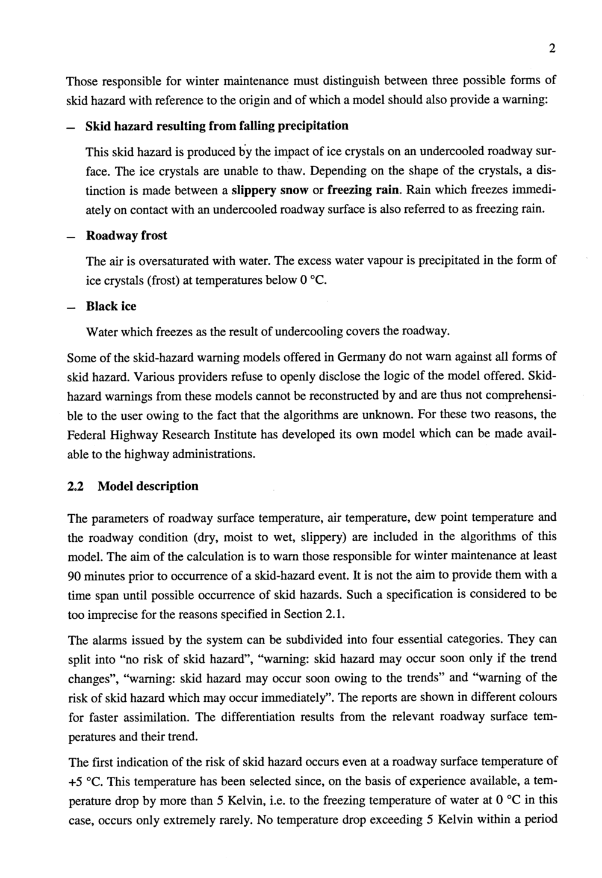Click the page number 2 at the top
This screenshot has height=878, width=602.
pos(551,50)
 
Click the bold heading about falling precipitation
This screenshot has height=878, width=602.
pos(217,126)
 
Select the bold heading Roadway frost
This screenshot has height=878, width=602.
pos(126,235)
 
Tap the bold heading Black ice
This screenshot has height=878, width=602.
pos(111,306)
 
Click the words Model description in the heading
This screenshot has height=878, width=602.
pos(147,486)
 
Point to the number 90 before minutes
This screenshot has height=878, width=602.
pos(75,575)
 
